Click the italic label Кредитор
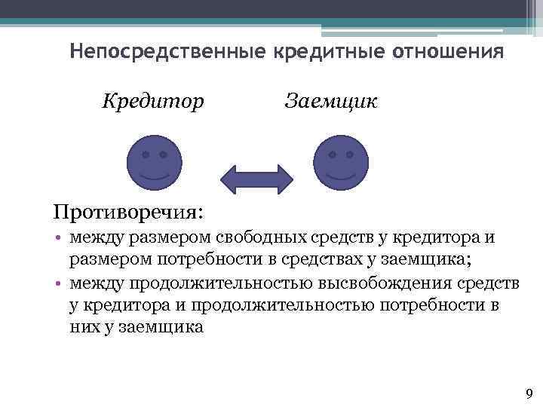click(153, 101)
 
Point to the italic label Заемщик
click(333, 101)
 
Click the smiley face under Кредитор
click(155, 163)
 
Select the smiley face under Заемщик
click(341, 163)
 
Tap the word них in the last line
click(82, 327)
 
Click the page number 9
click(528, 393)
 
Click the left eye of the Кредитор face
click(145, 154)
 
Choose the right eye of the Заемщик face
click(350, 154)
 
